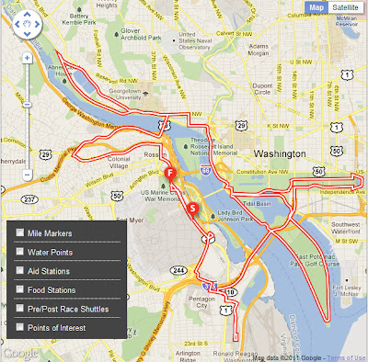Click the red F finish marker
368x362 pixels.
pos(170,173)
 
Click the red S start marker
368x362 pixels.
pos(192,209)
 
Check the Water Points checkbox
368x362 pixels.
pos(20,252)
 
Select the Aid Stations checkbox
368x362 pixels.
pos(20,271)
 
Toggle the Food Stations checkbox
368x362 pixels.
pos(20,290)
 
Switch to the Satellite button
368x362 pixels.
pos(346,7)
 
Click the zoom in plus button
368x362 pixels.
pos(28,57)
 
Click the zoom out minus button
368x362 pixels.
pos(28,174)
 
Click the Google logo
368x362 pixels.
pos(19,352)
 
